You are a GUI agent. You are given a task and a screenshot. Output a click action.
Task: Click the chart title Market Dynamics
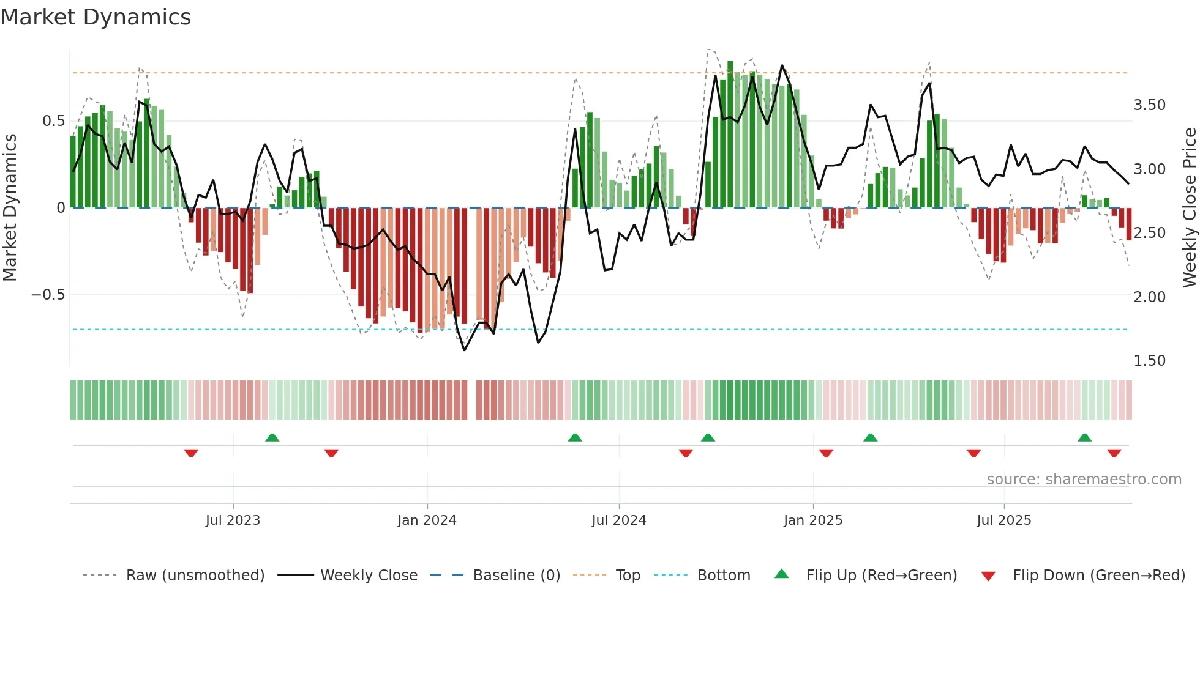click(96, 17)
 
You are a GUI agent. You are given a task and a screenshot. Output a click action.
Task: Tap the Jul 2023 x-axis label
click(233, 520)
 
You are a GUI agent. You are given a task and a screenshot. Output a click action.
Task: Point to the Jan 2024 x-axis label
click(427, 520)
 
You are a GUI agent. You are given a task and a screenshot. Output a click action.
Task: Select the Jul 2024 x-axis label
click(618, 520)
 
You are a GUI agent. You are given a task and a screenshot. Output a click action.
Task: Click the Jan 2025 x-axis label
click(812, 520)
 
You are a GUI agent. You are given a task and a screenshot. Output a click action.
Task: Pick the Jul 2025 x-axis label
click(1003, 520)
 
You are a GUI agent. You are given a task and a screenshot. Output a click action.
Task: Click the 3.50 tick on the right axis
click(1149, 105)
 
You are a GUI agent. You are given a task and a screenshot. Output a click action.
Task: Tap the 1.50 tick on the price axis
click(1149, 361)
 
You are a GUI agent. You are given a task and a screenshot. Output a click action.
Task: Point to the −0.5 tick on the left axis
click(48, 295)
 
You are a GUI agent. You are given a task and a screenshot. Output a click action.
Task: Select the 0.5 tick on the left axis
click(53, 121)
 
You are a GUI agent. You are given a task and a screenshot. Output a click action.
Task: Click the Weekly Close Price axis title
click(1189, 208)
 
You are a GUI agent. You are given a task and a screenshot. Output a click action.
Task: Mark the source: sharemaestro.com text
click(1084, 480)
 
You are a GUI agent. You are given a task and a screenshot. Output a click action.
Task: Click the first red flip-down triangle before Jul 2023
click(191, 453)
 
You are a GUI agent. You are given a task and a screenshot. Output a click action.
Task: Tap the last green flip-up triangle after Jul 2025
click(1084, 437)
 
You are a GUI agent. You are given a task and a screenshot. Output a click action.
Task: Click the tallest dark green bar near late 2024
click(730, 135)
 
